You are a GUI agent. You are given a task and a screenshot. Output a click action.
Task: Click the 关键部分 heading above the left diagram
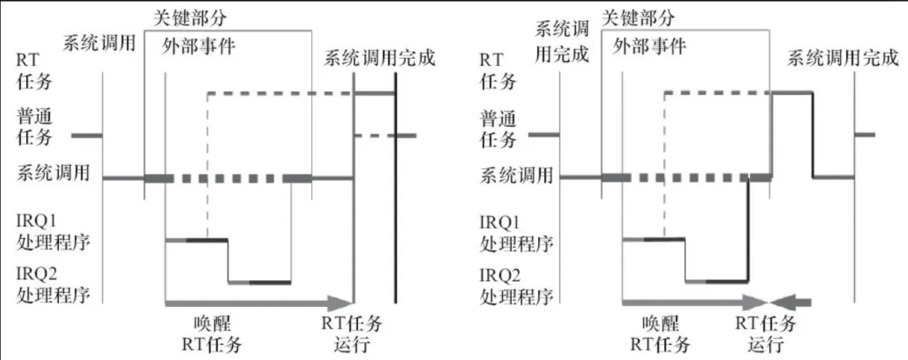(191, 16)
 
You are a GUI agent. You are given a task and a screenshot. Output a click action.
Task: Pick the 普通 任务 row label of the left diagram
(34, 125)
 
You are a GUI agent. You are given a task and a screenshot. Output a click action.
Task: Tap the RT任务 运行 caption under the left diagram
(352, 333)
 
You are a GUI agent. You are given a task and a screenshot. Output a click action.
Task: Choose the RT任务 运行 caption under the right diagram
(765, 333)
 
